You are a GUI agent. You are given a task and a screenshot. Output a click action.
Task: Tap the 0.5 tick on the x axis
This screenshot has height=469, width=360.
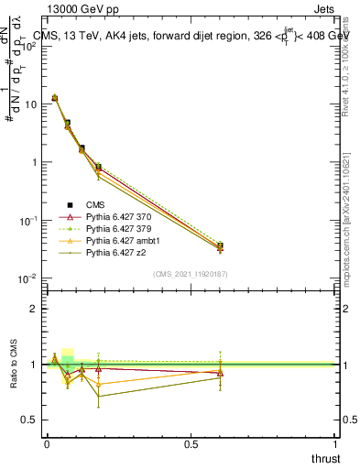[191, 443]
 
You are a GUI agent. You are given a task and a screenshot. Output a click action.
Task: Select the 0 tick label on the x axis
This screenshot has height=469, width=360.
[47, 443]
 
